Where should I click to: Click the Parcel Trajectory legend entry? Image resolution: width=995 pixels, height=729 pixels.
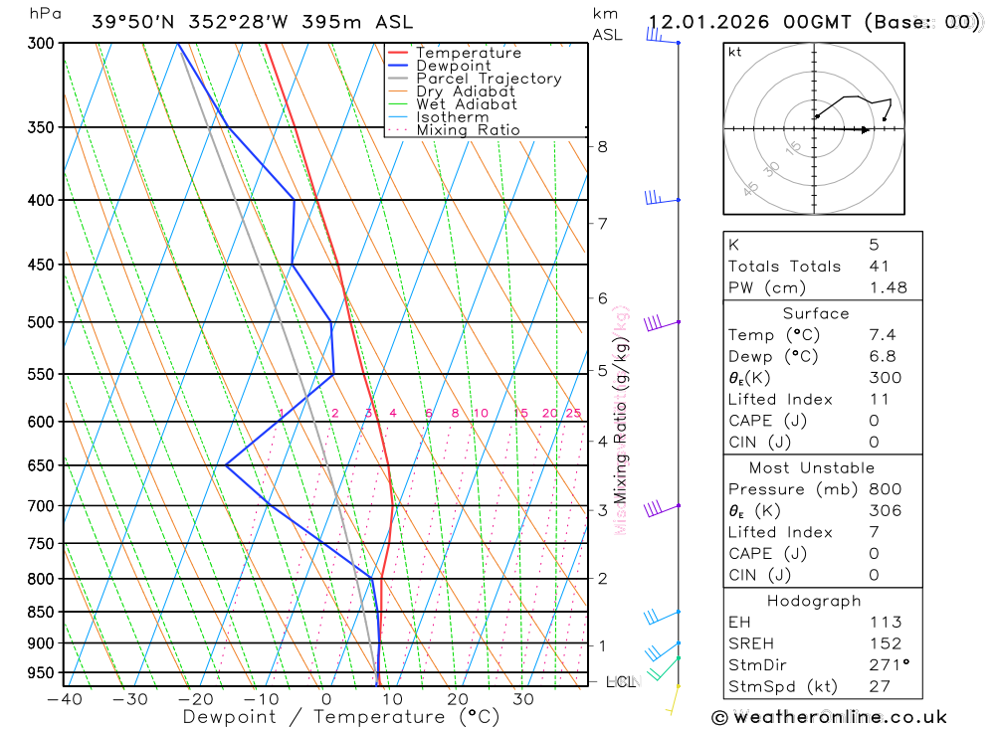point(488,79)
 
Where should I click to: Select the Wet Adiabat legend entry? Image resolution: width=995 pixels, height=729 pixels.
point(466,104)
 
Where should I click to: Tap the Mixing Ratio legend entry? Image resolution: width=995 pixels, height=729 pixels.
point(468,130)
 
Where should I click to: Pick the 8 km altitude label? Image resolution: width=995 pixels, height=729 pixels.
point(603,147)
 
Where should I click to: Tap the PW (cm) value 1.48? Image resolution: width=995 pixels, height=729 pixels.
point(888,288)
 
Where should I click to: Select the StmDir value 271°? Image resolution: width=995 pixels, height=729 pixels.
point(889,663)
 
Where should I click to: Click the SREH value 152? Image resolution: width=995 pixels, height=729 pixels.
point(885,643)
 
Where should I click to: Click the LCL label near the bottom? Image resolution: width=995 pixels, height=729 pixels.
point(621,682)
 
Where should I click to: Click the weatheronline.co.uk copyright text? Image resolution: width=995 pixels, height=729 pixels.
point(829,717)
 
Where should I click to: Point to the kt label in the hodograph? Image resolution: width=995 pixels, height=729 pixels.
point(735,52)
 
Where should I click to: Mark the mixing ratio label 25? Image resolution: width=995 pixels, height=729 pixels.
point(573,414)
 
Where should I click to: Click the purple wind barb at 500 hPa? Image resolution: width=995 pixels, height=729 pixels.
point(655,322)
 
